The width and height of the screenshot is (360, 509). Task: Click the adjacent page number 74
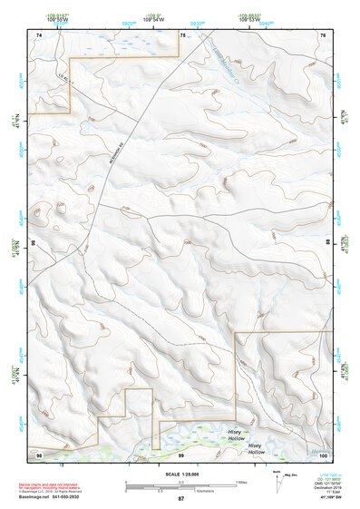click(x=40, y=34)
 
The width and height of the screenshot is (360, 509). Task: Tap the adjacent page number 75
click(x=182, y=34)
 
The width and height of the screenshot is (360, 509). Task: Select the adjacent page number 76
click(x=323, y=34)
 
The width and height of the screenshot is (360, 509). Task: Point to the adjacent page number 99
click(x=180, y=454)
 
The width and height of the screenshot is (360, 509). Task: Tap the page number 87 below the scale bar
click(x=180, y=499)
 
